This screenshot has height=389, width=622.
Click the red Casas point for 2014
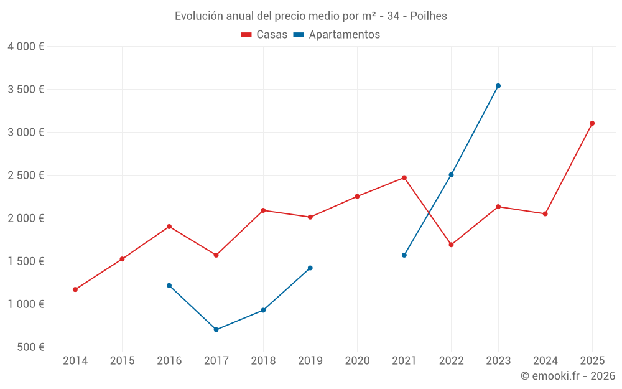(75, 289)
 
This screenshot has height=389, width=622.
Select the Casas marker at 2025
(592, 123)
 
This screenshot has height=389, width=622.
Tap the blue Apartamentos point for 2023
(498, 86)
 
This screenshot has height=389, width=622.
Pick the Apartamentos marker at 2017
(216, 330)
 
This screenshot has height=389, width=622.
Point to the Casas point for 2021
(404, 177)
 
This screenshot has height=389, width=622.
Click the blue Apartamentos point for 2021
(404, 255)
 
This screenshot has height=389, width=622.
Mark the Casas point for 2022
(451, 245)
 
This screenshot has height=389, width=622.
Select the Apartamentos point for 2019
(310, 268)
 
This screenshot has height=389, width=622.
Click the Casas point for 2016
(169, 227)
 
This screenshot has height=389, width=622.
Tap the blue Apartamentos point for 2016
(169, 286)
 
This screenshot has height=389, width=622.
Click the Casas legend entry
(264, 35)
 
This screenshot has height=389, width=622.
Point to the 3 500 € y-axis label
(26, 90)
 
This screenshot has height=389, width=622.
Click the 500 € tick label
(30, 347)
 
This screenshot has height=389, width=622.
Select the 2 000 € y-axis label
(26, 218)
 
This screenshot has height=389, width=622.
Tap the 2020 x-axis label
(357, 361)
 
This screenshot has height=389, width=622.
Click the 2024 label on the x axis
(545, 361)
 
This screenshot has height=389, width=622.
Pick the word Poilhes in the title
(429, 16)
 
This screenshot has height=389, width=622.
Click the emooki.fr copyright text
(567, 376)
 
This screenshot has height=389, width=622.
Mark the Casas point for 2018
(263, 210)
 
